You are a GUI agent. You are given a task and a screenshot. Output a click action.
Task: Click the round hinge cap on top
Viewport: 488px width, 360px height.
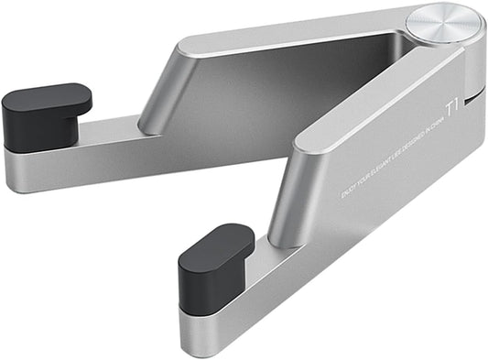point(445,25)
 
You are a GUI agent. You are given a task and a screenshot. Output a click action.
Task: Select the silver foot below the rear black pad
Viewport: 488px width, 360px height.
point(37,169)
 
